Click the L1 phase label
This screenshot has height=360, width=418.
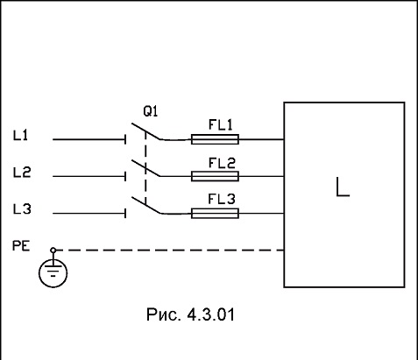click(20, 136)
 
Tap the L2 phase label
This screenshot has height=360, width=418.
click(22, 173)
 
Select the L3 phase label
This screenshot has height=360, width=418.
click(22, 209)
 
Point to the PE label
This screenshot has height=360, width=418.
click(21, 246)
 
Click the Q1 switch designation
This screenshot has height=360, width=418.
click(151, 111)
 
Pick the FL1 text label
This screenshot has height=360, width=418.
click(221, 124)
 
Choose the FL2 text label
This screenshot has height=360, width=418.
click(222, 163)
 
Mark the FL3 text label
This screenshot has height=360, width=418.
click(222, 199)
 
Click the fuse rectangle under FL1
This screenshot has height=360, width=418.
click(215, 139)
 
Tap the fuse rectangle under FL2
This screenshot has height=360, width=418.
click(215, 176)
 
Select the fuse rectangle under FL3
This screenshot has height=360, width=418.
click(215, 214)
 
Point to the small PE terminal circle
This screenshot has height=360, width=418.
click(53, 251)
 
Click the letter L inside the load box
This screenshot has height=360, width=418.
click(343, 187)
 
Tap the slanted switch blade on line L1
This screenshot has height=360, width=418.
click(145, 131)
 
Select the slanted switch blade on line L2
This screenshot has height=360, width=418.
click(145, 168)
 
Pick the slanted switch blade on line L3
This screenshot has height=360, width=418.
click(145, 205)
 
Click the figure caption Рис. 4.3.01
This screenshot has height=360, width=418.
click(190, 314)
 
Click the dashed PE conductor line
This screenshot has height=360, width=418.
click(170, 251)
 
